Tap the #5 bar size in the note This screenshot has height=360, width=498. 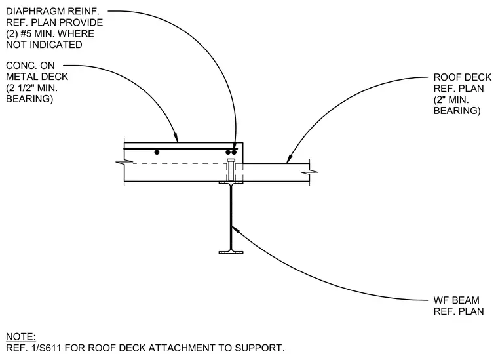(x=26, y=33)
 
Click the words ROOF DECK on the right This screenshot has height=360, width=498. (x=462, y=77)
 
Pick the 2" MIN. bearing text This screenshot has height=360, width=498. (x=451, y=100)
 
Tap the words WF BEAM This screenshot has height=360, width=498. (x=457, y=300)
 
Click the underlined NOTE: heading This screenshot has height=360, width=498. (x=21, y=337)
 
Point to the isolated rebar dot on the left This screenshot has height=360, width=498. (x=157, y=153)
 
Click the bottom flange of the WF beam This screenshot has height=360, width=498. (x=231, y=252)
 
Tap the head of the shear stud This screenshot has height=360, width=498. (x=231, y=159)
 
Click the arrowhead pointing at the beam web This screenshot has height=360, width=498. (x=235, y=228)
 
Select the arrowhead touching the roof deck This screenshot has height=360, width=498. (x=289, y=159)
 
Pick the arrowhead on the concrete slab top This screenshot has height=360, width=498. (x=176, y=138)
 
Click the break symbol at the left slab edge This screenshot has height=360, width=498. (x=125, y=163)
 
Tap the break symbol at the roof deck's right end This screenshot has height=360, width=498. (x=309, y=172)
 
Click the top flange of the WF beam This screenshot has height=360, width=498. (x=231, y=182)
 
